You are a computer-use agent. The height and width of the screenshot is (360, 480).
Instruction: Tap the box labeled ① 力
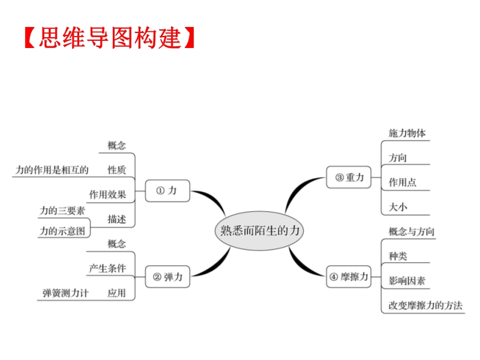coord(167,191)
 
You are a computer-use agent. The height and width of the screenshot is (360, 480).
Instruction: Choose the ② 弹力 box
coord(167,277)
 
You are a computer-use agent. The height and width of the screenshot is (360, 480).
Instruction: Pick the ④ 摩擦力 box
coord(349,277)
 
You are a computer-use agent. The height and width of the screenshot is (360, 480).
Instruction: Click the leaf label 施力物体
coord(407,133)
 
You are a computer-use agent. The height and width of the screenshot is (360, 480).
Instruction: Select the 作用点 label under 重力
coord(402,182)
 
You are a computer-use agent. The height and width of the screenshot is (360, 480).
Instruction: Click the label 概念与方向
coord(412,232)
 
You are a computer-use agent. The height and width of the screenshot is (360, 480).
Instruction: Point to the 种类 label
coord(398,256)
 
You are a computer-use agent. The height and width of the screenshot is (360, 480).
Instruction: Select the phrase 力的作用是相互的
coord(52,170)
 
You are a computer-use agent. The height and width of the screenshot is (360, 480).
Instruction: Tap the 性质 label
coord(116,170)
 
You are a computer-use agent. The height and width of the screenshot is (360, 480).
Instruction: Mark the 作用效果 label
coord(107,194)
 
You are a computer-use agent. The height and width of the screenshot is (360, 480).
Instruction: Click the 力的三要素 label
coord(62,211)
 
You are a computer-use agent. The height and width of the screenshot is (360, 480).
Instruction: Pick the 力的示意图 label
coord(62,230)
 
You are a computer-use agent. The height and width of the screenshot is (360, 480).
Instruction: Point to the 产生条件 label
coord(107,268)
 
